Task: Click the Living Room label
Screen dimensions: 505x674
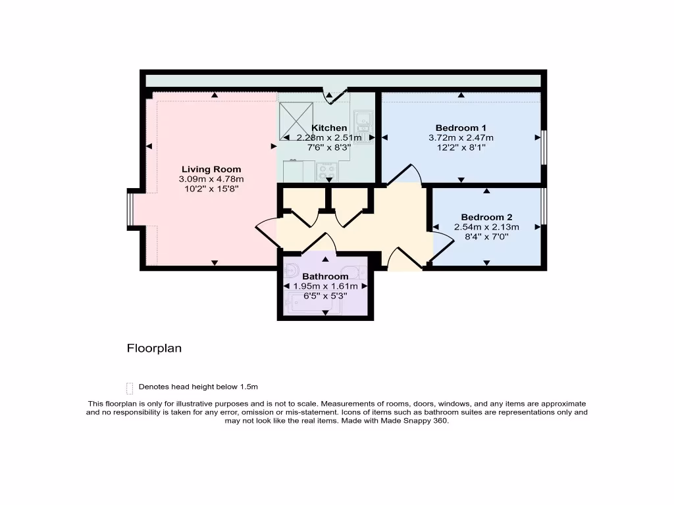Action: tap(211, 169)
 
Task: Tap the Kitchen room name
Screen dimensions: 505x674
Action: tap(329, 128)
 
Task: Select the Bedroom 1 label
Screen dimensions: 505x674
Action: tap(461, 128)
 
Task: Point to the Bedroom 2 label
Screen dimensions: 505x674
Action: tap(486, 217)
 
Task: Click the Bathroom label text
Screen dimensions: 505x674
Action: tap(325, 276)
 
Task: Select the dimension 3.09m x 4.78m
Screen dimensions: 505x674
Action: tap(211, 180)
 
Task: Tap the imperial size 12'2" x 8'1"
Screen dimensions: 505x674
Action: tap(461, 148)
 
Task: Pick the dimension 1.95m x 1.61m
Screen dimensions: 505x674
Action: tap(325, 286)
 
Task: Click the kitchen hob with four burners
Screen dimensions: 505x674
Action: tap(327, 172)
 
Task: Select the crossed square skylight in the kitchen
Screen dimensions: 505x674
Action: tap(294, 121)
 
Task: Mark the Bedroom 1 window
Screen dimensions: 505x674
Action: tap(544, 148)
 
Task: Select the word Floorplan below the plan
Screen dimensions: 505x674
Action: tap(154, 349)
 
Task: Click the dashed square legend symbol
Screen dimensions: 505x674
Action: tap(130, 387)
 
